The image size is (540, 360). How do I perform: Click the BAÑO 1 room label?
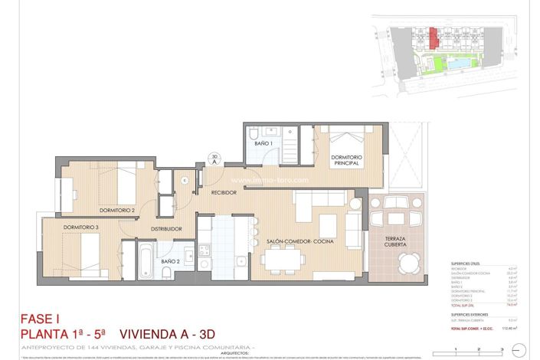coord(263,143)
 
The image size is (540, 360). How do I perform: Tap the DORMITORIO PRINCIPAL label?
coord(346,160)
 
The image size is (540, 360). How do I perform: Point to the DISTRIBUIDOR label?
coord(166,228)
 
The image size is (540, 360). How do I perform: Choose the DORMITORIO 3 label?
coord(81,227)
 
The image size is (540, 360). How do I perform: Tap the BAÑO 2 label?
coord(170,261)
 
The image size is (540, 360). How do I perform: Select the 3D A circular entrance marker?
coord(214,159)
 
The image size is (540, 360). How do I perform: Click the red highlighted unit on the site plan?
coord(434,37)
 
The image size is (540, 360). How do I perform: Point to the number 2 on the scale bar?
coord(478,349)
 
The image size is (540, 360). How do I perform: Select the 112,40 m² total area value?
coord(506,327)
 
